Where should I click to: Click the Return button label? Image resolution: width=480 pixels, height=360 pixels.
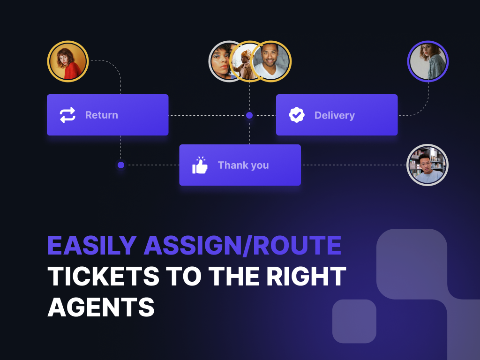pyautogui.click(x=101, y=115)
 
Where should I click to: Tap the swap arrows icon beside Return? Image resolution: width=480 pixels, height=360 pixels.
pyautogui.click(x=67, y=115)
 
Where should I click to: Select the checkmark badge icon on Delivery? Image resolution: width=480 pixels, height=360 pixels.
pyautogui.click(x=297, y=115)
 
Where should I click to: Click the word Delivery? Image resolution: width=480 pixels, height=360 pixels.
pyautogui.click(x=334, y=115)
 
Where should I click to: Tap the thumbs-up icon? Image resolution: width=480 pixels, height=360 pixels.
pyautogui.click(x=200, y=165)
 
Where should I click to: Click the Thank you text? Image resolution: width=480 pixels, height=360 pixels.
pyautogui.click(x=243, y=165)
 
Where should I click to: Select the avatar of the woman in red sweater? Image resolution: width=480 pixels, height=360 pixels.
pyautogui.click(x=68, y=61)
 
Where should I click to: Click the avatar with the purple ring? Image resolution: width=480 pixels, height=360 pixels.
pyautogui.click(x=428, y=61)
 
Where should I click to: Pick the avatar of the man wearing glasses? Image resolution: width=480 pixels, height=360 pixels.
pyautogui.click(x=427, y=165)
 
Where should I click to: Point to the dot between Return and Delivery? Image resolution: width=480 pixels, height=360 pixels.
pyautogui.click(x=249, y=115)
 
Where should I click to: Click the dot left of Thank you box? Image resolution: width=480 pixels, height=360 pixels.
pyautogui.click(x=121, y=165)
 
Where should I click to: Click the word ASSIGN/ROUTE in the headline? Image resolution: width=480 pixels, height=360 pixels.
pyautogui.click(x=242, y=245)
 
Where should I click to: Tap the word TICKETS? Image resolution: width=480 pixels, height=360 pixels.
pyautogui.click(x=104, y=277)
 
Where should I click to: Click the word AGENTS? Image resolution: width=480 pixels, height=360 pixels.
pyautogui.click(x=101, y=307)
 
